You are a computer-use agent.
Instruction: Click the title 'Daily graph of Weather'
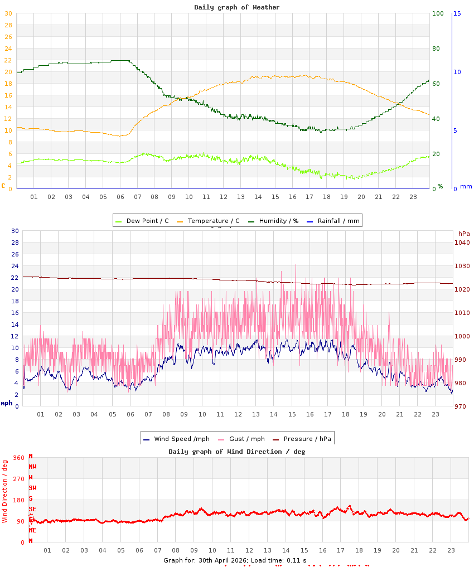[x=237, y=7]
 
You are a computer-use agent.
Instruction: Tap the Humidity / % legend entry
[x=273, y=221]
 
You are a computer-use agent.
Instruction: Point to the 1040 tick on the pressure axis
[x=462, y=243]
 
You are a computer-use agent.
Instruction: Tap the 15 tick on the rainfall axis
[x=457, y=13]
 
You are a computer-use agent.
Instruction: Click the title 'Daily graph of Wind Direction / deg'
[x=237, y=451]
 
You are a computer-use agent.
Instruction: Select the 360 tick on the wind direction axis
[x=19, y=458]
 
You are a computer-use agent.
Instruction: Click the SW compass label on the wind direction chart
[x=32, y=488]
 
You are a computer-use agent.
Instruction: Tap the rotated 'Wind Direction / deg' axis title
[x=5, y=491]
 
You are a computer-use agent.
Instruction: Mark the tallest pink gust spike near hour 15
[x=296, y=265]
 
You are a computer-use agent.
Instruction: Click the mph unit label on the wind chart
[x=6, y=403]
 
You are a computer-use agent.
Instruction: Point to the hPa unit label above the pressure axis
[x=463, y=233]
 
